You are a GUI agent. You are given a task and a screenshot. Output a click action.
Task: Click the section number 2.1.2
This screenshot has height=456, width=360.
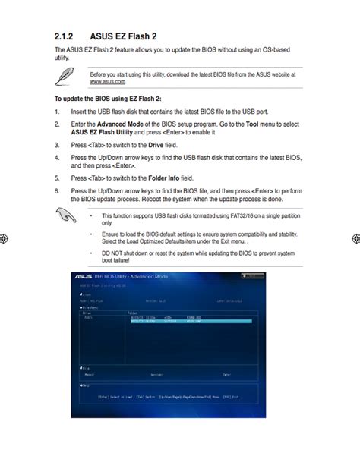[x=64, y=36]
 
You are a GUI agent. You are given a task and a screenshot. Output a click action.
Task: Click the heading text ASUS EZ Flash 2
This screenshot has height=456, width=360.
[x=125, y=36]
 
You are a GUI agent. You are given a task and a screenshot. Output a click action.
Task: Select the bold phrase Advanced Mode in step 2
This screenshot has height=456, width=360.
[x=120, y=123]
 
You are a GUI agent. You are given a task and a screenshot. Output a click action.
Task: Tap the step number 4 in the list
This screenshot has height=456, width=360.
[x=56, y=158]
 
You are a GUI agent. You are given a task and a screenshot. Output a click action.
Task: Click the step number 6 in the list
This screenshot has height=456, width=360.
[x=56, y=192]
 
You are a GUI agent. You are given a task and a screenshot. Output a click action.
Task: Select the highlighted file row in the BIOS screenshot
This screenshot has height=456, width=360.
[x=189, y=322]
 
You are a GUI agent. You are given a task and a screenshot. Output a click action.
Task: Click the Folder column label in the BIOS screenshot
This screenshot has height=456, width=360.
[x=132, y=311]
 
